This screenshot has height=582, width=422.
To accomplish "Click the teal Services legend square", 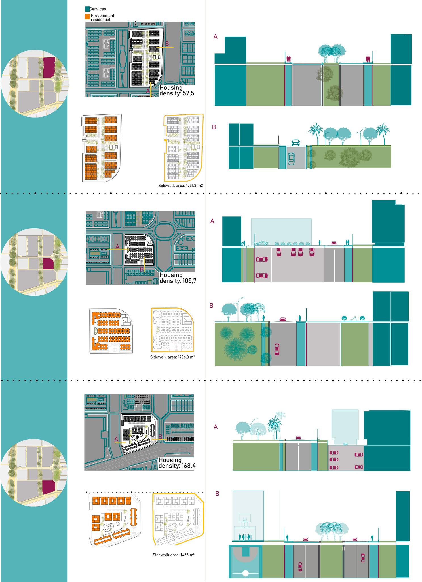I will tap(87, 9).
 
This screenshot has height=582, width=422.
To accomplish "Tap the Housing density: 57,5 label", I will tap(176, 90).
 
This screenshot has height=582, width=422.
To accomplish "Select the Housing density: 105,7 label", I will tap(178, 278).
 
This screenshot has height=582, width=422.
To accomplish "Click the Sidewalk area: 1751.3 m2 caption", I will tap(181, 186).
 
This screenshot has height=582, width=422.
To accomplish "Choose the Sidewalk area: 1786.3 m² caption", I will tap(172, 357).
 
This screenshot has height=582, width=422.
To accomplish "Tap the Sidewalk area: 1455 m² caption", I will tap(173, 555).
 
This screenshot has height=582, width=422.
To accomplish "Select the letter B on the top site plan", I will tap(167, 44).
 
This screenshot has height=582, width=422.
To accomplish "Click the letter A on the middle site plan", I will tap(117, 247).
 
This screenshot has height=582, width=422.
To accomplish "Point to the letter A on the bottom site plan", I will tap(116, 439).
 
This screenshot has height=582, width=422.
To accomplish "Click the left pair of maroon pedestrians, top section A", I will tap(288, 59).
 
